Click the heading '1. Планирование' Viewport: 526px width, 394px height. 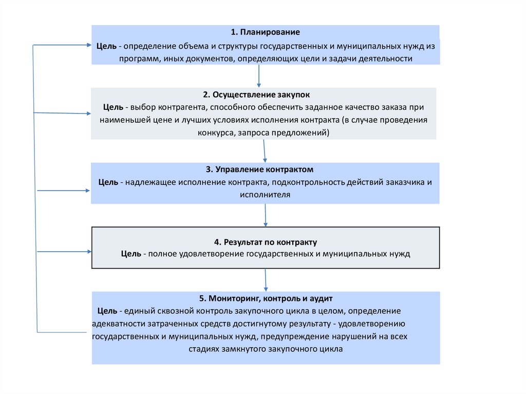click(x=265, y=32)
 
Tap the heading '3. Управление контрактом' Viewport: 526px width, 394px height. click(x=266, y=169)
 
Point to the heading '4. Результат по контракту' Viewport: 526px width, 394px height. click(x=266, y=241)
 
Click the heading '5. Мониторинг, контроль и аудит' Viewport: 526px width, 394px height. click(x=266, y=298)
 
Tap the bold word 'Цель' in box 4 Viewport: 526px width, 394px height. click(x=131, y=254)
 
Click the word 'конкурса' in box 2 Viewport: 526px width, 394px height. click(x=214, y=133)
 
